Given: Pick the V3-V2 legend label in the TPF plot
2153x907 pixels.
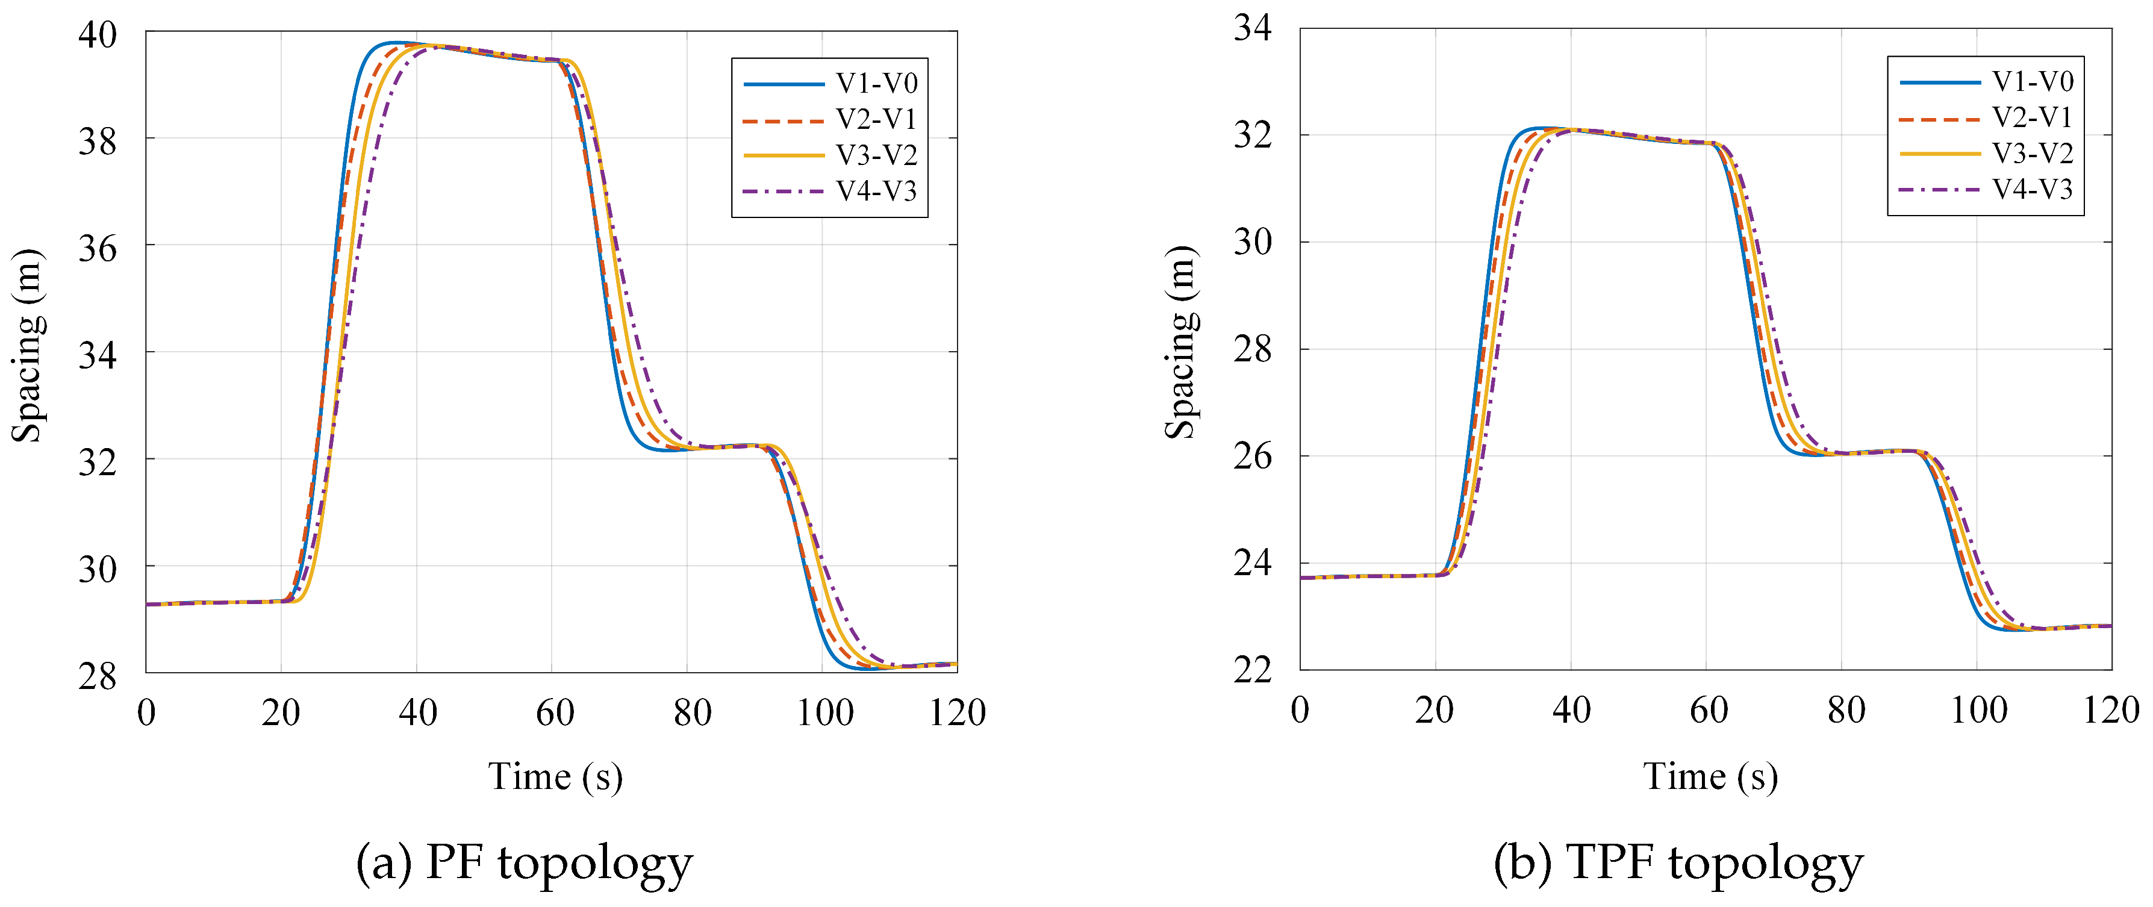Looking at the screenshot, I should [2032, 154].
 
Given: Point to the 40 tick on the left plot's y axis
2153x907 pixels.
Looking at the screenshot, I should [97, 34].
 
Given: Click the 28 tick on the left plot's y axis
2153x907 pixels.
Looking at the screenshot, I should [97, 676].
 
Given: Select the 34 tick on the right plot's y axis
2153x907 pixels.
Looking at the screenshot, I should [1252, 28].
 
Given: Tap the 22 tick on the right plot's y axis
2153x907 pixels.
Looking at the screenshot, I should [1252, 670].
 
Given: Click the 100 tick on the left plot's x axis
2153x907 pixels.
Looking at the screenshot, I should [824, 713].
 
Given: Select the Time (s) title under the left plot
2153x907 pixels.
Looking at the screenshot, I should [555, 776].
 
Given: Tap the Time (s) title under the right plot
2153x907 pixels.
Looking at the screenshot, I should [1710, 776].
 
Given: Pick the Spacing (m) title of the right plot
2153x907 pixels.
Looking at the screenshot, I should [1180, 343].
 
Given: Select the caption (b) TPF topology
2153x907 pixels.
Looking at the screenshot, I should [1678, 864].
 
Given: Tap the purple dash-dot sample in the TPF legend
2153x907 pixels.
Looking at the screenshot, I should [1939, 190].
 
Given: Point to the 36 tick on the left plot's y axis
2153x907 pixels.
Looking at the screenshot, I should [97, 248].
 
